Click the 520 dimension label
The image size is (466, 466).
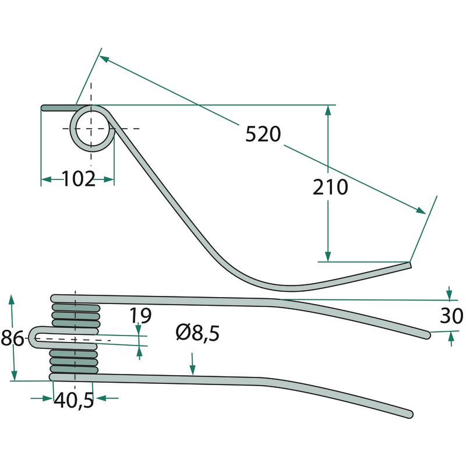[x=263, y=134]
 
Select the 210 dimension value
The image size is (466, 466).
[x=330, y=187]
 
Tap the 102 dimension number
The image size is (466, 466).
[x=79, y=179]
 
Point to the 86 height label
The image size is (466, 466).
[x=12, y=338]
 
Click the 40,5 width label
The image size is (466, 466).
[x=73, y=400]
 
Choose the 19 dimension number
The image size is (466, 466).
[x=141, y=315]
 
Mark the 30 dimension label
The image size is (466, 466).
[x=451, y=316]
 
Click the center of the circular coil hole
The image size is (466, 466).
[x=91, y=128]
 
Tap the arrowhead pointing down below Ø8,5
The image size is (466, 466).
[x=193, y=370]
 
